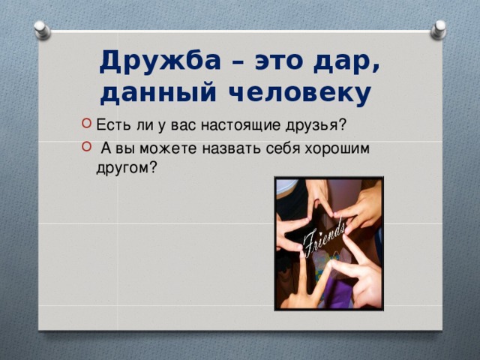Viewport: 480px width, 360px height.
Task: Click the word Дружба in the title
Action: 160,61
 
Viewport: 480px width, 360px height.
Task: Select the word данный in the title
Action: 158,93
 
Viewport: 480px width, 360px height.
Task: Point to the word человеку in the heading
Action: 300,94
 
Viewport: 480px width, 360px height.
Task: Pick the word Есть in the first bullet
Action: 113,125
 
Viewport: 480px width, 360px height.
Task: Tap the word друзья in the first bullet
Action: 312,126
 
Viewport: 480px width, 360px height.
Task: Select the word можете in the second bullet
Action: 168,148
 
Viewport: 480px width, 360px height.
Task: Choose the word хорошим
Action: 337,148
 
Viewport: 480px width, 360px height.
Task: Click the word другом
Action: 123,168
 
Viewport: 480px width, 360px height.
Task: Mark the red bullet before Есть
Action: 87,124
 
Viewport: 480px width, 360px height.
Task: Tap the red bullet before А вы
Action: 87,147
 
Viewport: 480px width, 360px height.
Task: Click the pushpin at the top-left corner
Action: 42,30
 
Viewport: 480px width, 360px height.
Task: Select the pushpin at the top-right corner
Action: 438,29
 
